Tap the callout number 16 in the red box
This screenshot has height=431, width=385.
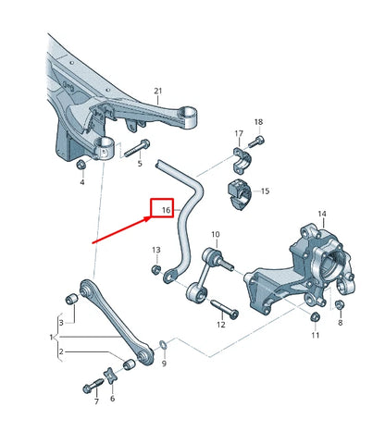click(163, 211)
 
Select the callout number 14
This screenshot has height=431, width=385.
click(322, 215)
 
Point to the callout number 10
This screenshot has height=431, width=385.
click(215, 235)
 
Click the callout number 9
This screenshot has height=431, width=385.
click(165, 363)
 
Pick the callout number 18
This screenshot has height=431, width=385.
click(258, 122)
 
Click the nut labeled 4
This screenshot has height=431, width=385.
click(81, 165)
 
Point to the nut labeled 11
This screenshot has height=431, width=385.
click(314, 318)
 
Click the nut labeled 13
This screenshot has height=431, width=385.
click(156, 269)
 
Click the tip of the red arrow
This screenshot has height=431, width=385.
click(150, 218)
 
